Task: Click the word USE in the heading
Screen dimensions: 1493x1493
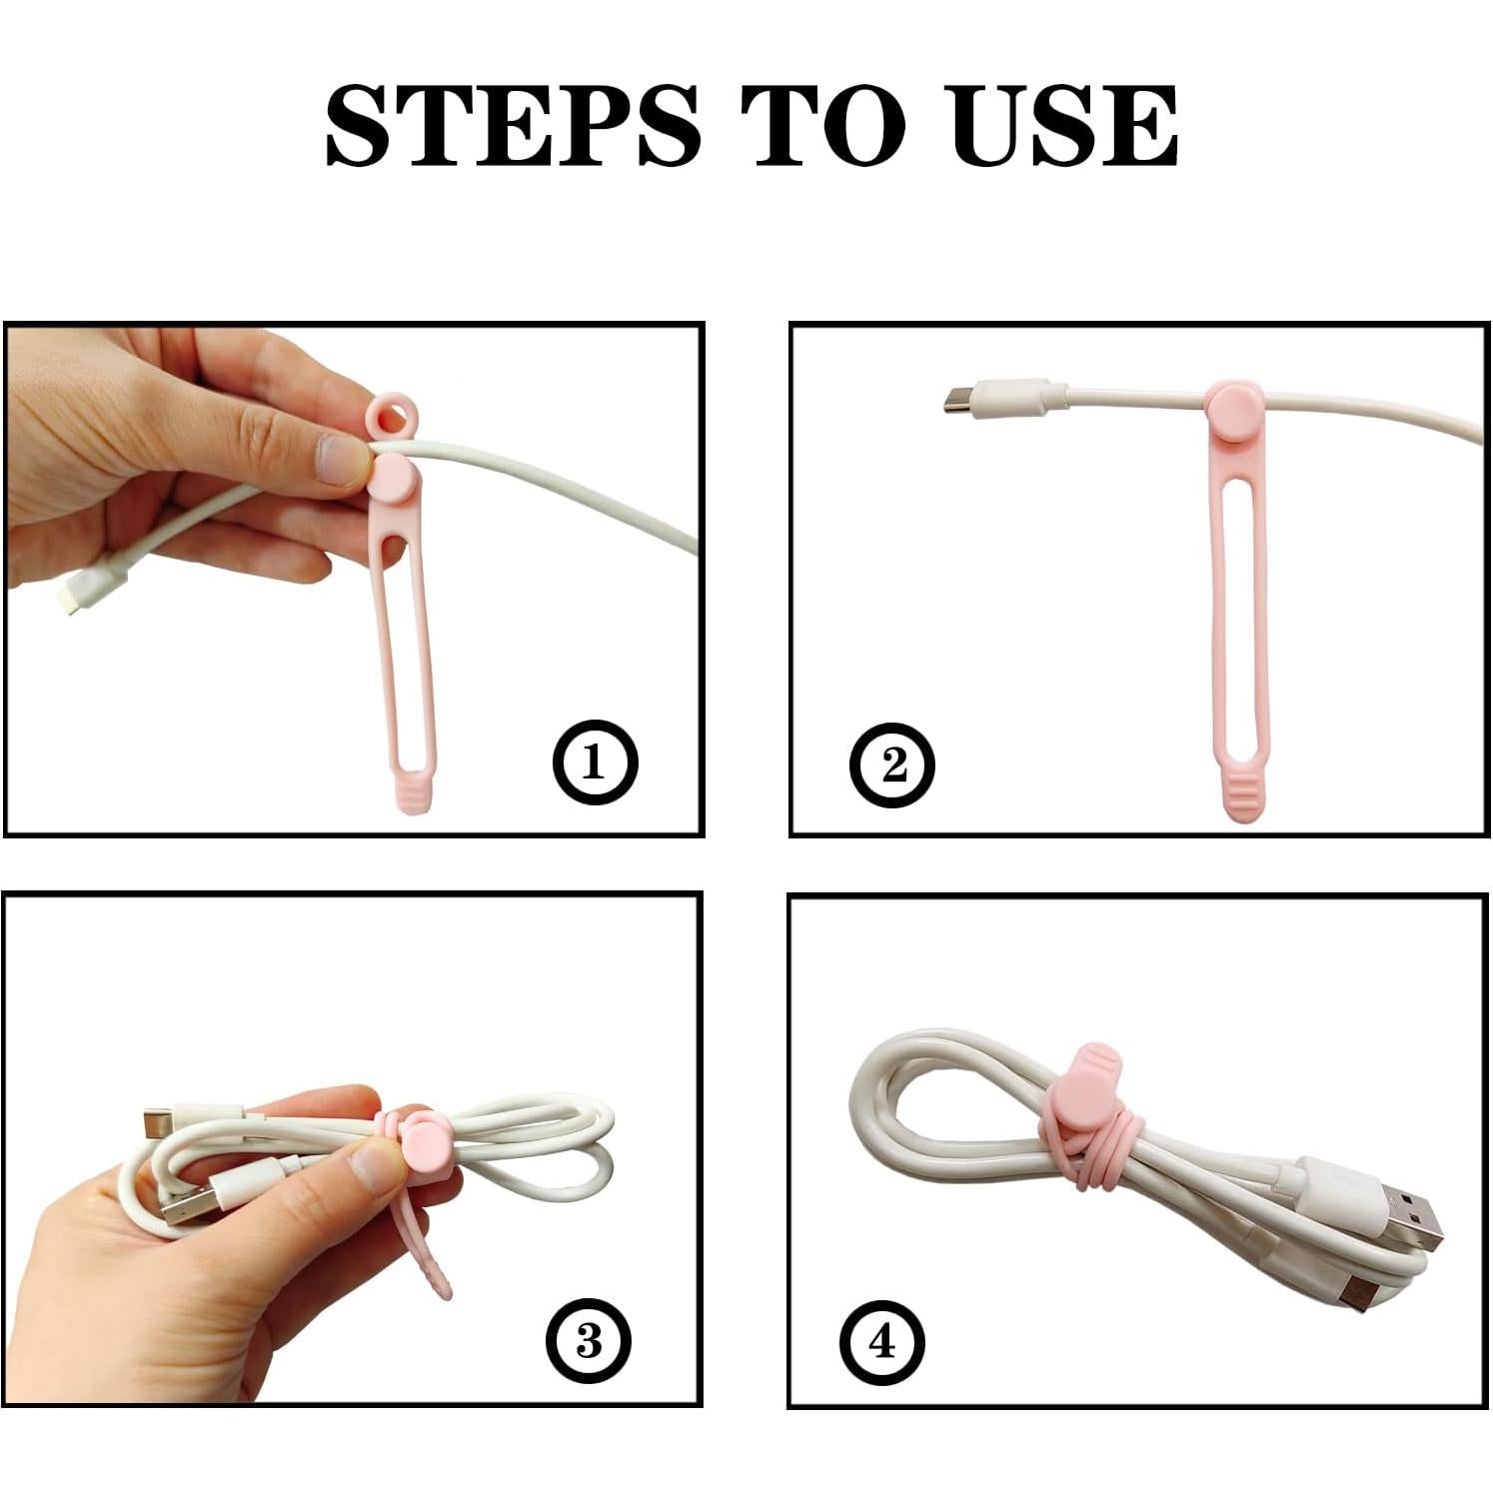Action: point(1065,127)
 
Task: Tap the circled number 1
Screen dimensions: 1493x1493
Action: point(595,763)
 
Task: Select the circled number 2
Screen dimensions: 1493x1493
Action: point(891,765)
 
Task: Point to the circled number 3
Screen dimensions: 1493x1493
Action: point(589,1341)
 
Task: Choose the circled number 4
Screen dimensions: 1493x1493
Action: point(881,1341)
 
